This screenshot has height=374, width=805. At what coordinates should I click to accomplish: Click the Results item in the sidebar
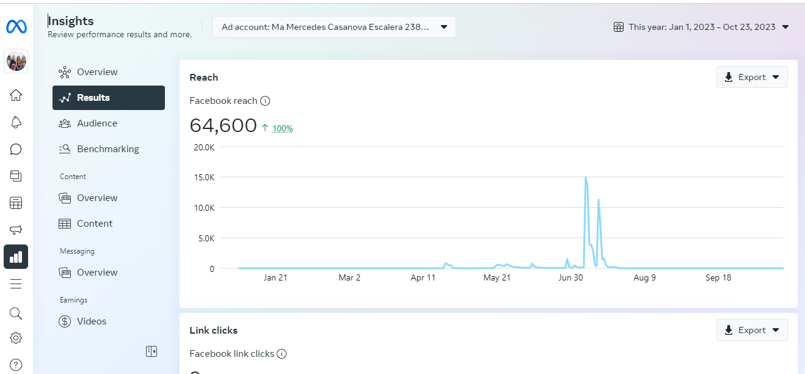click(x=108, y=98)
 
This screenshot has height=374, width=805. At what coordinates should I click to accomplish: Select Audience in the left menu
click(x=97, y=123)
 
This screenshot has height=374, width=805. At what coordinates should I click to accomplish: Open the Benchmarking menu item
click(x=107, y=149)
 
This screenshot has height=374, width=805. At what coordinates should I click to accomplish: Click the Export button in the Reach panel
click(x=752, y=78)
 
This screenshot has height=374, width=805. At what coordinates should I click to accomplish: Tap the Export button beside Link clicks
click(x=752, y=331)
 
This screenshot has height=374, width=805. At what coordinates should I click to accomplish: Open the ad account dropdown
click(x=333, y=27)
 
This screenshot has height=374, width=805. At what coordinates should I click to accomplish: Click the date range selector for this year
click(x=701, y=27)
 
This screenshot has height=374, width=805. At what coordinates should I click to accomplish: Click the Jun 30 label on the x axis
click(x=570, y=278)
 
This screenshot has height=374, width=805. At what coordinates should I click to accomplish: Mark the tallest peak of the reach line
click(x=586, y=177)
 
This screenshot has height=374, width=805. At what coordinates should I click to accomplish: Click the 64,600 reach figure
click(x=223, y=125)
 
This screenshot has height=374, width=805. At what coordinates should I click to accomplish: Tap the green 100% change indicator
click(x=282, y=128)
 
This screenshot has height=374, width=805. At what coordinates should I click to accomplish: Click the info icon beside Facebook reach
click(x=265, y=101)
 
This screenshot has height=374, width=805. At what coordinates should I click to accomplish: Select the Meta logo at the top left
click(x=16, y=27)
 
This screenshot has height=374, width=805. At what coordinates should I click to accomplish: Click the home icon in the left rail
click(x=16, y=95)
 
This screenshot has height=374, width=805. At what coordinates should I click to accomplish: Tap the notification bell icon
click(x=16, y=122)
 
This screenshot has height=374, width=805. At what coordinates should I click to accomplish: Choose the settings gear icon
click(x=16, y=338)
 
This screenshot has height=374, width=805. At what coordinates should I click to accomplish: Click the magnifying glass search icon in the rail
click(x=16, y=313)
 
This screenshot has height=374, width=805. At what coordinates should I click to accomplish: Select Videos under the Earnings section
click(x=91, y=321)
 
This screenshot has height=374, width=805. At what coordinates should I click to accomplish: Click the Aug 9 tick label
click(x=644, y=278)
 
